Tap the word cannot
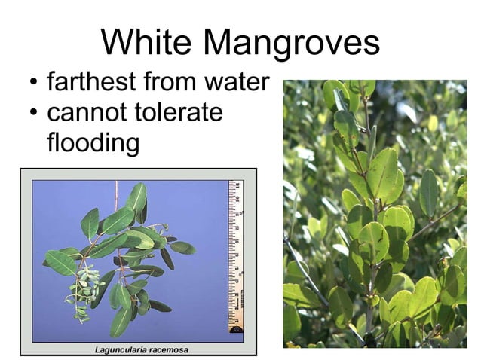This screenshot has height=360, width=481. click(84, 113)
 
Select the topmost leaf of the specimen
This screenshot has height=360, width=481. click(136, 198)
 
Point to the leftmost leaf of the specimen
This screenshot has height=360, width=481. click(60, 262)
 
